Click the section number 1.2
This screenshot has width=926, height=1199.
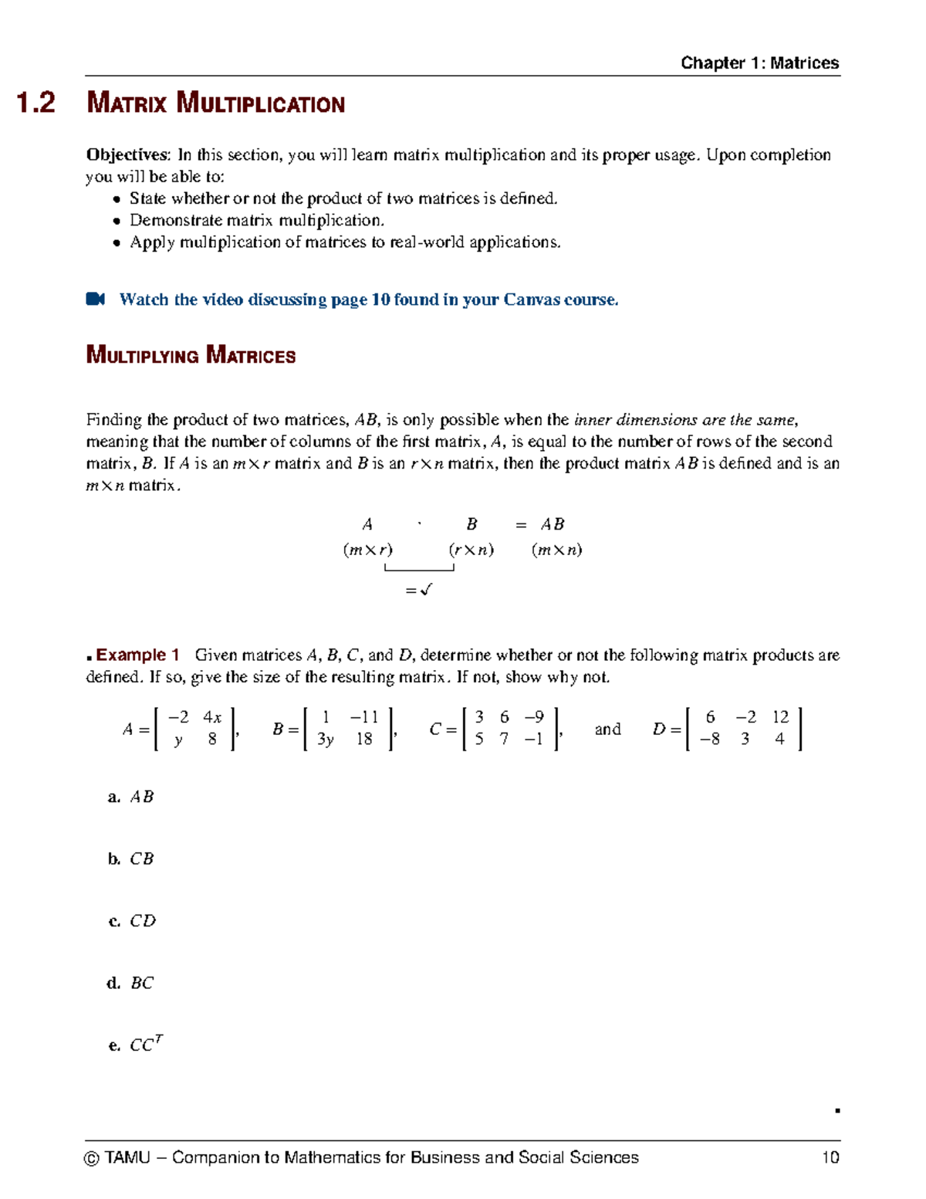click(x=35, y=103)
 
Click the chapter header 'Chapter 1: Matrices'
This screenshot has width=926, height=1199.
click(x=759, y=63)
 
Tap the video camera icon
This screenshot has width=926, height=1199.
click(x=95, y=300)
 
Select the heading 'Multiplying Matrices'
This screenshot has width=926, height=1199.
click(x=191, y=356)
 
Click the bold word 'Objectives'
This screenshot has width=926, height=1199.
click(x=127, y=155)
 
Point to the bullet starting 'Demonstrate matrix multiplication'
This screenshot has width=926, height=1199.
click(x=256, y=221)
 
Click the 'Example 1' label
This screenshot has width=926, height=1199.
click(x=137, y=655)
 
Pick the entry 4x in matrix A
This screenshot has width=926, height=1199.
click(x=212, y=717)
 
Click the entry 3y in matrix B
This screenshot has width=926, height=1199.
click(x=326, y=740)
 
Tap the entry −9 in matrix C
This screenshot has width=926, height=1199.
click(x=533, y=717)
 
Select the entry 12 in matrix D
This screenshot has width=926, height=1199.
click(x=780, y=717)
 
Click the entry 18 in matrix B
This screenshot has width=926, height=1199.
click(x=364, y=740)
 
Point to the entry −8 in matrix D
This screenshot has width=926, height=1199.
click(x=709, y=740)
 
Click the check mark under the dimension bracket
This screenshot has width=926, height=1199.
click(x=426, y=590)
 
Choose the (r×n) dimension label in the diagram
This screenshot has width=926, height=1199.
click(x=471, y=550)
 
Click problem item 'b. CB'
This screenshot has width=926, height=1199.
click(x=131, y=859)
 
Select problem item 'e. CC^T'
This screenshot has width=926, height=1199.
click(x=136, y=1045)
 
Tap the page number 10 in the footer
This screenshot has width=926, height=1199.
click(x=830, y=1157)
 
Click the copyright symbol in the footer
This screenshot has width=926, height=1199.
click(x=92, y=1158)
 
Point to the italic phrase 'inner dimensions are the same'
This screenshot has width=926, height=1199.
click(x=684, y=420)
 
